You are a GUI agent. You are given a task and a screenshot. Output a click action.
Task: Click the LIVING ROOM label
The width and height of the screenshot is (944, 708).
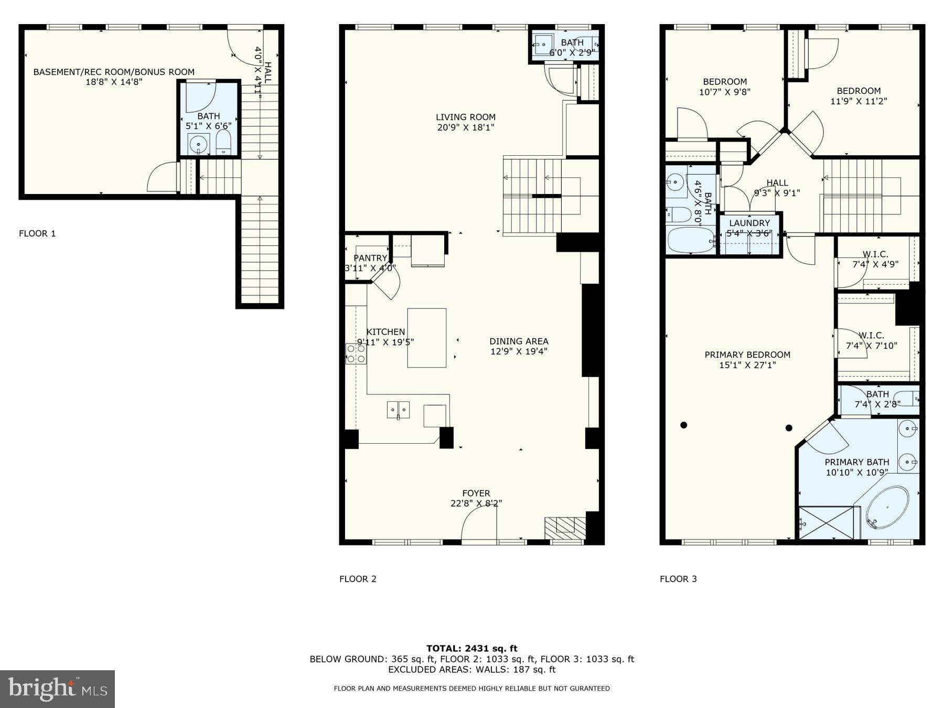coord(465,117)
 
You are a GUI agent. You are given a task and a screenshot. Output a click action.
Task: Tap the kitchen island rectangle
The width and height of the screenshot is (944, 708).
coord(427,338)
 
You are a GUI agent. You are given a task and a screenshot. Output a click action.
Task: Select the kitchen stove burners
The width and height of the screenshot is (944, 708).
coord(356,354)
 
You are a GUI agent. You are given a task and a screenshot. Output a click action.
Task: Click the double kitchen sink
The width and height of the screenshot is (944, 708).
coord(399,409)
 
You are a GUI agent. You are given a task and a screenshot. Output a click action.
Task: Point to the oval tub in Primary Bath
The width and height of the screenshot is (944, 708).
coord(887,507)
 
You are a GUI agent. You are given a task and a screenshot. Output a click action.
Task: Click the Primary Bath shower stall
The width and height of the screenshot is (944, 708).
coord(825,522)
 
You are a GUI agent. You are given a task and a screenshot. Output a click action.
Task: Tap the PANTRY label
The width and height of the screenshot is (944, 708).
coord(370,258)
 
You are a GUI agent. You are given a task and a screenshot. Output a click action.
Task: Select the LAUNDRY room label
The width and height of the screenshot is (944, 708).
coord(749,223)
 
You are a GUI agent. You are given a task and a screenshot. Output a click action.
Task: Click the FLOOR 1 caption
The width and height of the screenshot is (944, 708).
coord(37,233)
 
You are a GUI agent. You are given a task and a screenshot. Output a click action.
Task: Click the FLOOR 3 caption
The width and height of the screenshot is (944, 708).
coord(678,579)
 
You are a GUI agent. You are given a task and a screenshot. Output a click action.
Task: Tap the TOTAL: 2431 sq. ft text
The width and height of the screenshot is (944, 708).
coord(471,649)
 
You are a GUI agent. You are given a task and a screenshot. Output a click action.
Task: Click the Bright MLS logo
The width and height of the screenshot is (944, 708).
coord(57,689)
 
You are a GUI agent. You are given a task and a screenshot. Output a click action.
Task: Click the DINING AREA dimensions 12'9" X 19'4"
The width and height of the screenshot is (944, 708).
coord(519,351)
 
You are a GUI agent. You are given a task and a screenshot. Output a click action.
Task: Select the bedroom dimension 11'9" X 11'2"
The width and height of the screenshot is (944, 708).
coord(859,101)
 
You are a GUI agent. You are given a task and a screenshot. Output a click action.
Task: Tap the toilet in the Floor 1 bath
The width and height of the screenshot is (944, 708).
coord(223,143)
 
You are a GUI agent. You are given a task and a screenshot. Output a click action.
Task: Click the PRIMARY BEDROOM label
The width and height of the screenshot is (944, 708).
coord(747,355)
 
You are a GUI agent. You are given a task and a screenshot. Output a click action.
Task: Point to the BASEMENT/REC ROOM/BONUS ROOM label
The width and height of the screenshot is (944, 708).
coord(114,72)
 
